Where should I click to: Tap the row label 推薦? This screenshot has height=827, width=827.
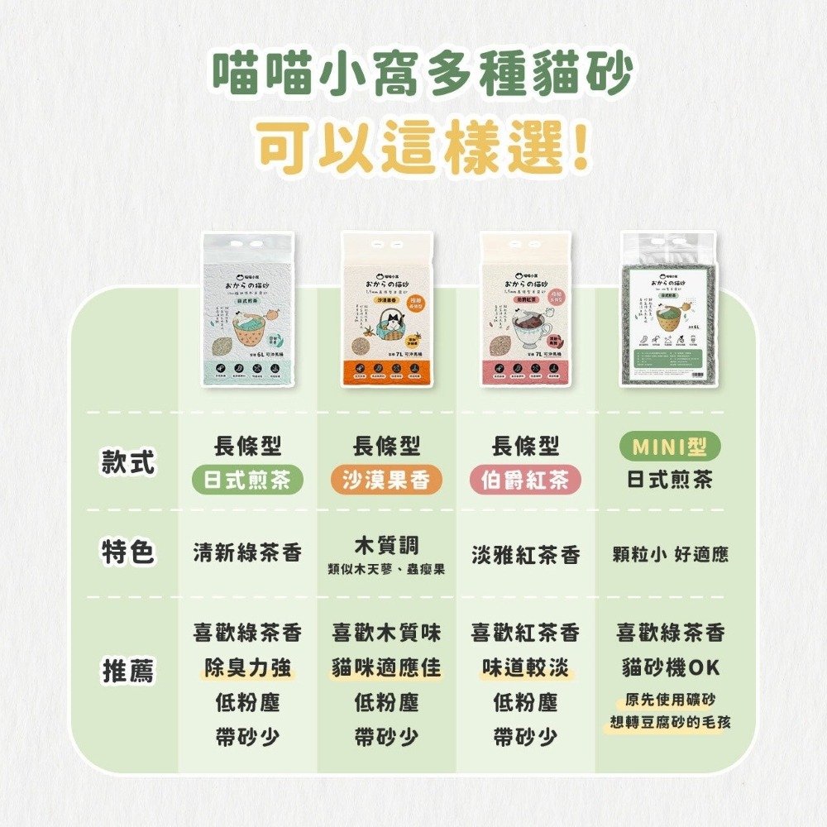[128, 671]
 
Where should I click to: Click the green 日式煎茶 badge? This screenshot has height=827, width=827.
[247, 480]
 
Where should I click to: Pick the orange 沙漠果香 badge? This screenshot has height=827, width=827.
[386, 480]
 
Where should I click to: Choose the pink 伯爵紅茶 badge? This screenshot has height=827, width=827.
[525, 480]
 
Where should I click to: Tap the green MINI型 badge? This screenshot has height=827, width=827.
[670, 447]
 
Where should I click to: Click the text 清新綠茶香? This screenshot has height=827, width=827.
[247, 553]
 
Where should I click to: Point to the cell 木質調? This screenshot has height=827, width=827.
[386, 545]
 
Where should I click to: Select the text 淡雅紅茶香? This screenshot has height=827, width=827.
[525, 555]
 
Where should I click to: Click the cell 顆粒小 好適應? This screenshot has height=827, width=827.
[671, 554]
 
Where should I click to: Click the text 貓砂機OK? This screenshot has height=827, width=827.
[671, 667]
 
